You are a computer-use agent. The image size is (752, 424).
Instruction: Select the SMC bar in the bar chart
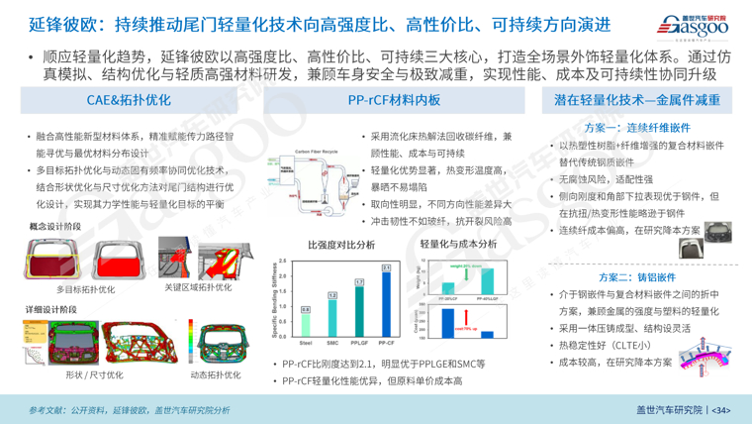point(332,317)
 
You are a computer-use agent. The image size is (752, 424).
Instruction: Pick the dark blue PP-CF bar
point(386,303)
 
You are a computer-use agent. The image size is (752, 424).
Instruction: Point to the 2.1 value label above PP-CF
point(386,267)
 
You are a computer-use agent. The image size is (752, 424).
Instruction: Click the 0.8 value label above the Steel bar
point(306,310)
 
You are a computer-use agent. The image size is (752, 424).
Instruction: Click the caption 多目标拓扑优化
point(85,289)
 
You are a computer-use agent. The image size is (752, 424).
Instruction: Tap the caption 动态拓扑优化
point(215,375)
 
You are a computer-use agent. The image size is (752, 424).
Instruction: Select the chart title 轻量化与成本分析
point(458,244)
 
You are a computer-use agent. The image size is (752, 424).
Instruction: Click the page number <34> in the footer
point(721,409)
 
